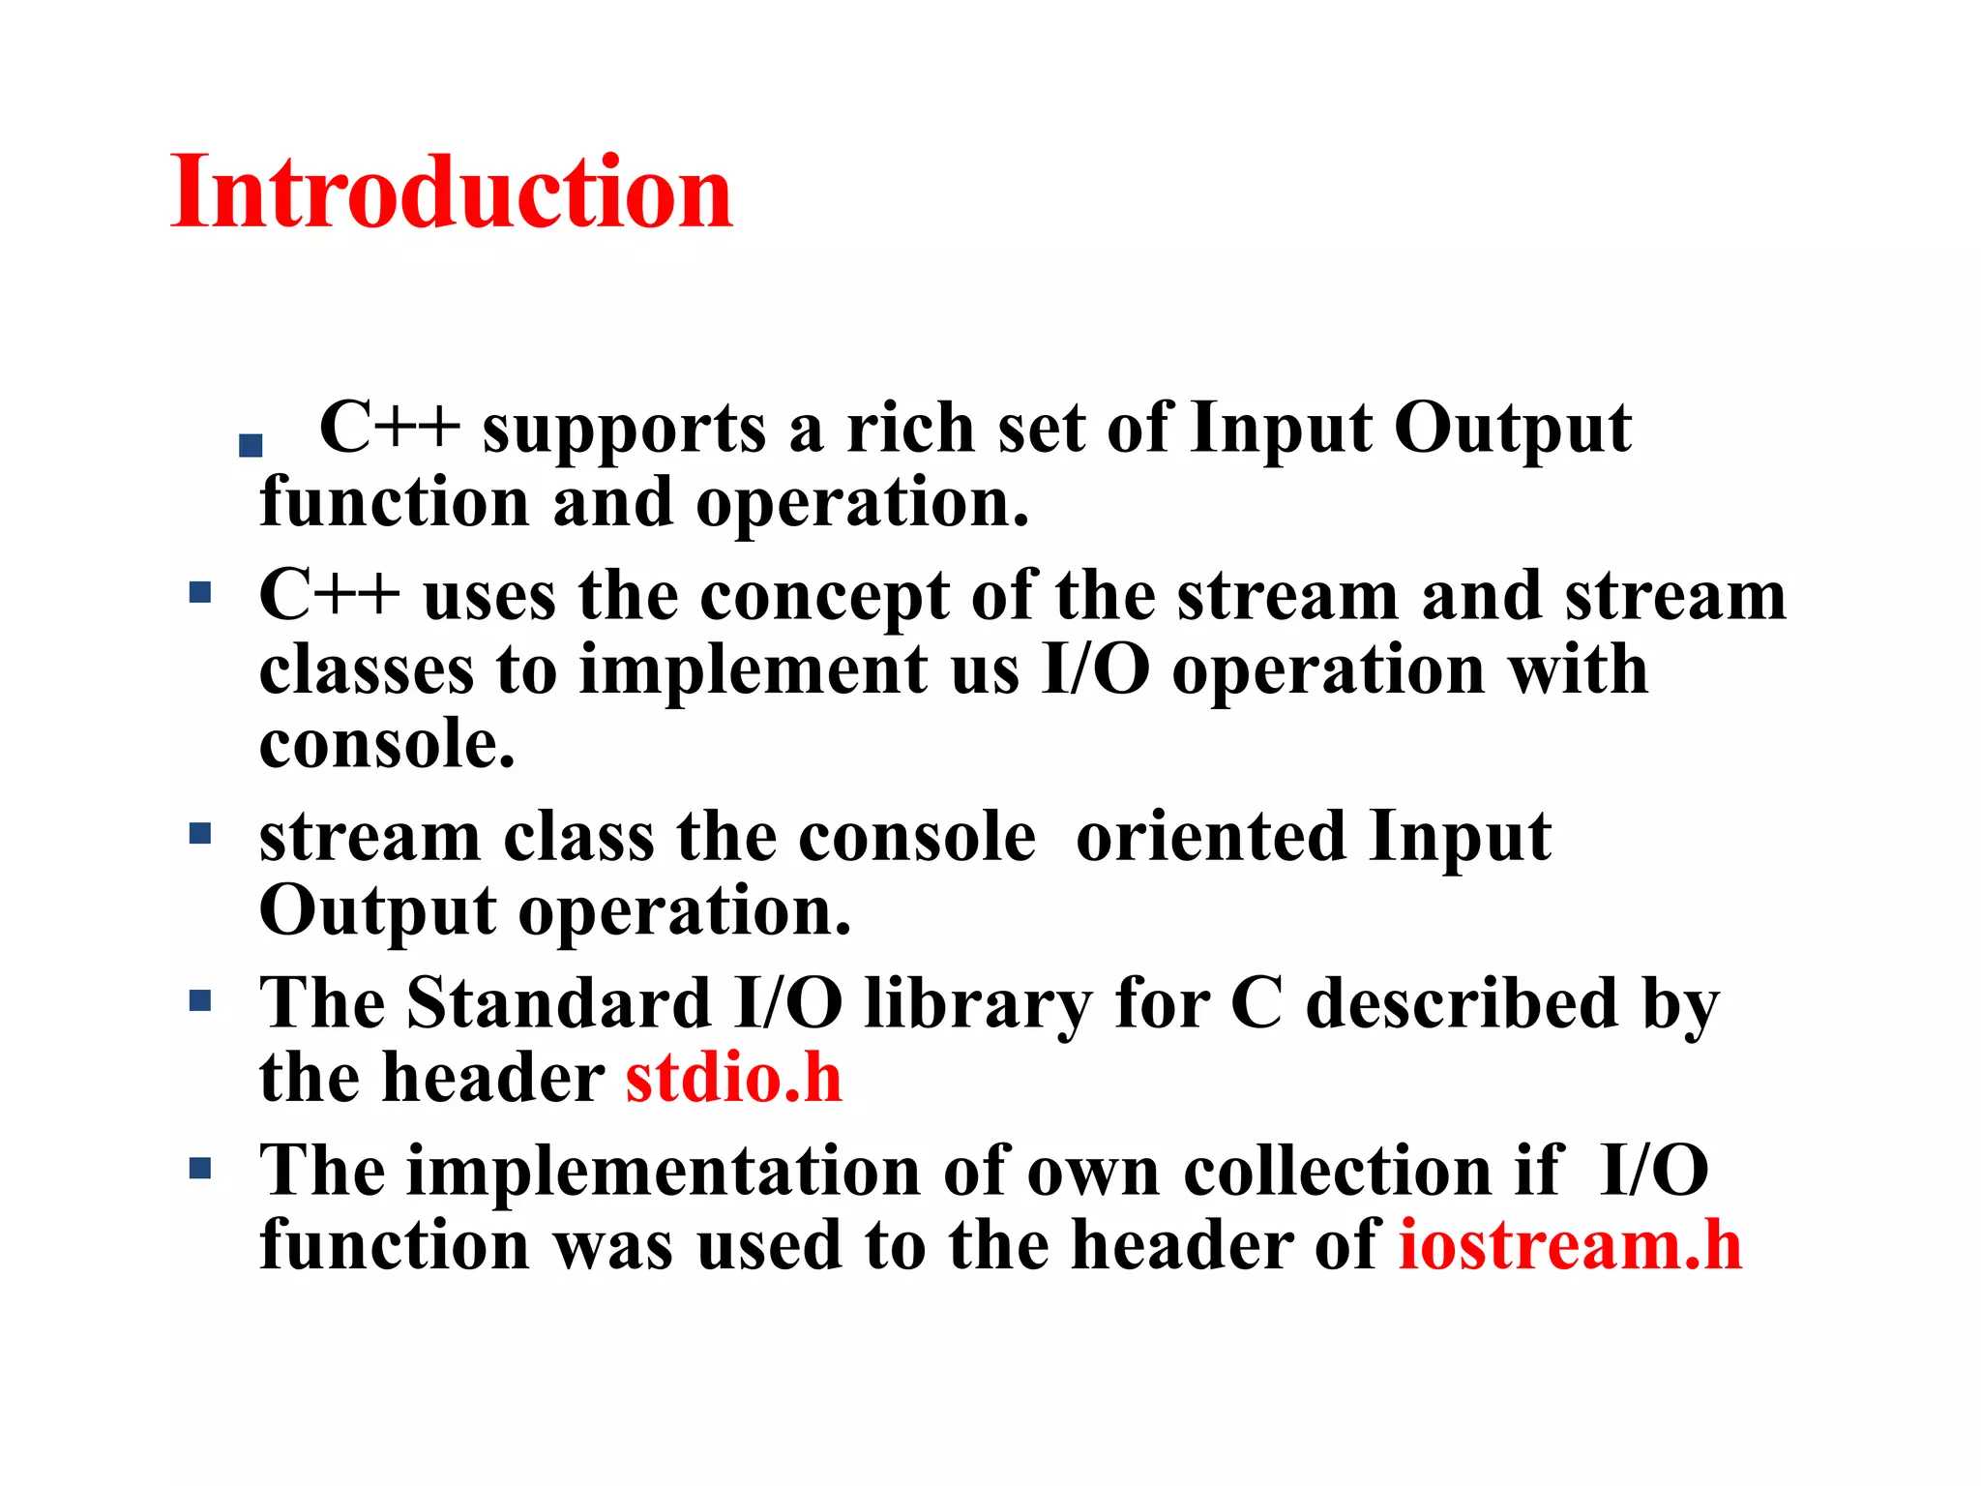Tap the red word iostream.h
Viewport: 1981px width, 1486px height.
[x=1570, y=1245]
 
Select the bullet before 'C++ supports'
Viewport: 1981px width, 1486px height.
[x=251, y=445]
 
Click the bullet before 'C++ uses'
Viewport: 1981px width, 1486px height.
[x=200, y=592]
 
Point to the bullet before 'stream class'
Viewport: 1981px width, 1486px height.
[x=200, y=833]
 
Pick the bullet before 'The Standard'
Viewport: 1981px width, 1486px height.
[x=200, y=1000]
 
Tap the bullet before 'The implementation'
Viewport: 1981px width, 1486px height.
[x=200, y=1169]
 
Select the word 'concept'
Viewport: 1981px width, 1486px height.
[x=824, y=598]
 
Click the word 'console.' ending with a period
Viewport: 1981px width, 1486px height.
[x=387, y=745]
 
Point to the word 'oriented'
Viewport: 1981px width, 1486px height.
[x=1210, y=837]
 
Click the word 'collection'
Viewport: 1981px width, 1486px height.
[x=1338, y=1172]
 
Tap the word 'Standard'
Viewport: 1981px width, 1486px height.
[x=559, y=1003]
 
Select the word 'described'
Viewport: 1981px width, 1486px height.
[x=1462, y=1003]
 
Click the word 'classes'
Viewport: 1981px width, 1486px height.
[x=367, y=670]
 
